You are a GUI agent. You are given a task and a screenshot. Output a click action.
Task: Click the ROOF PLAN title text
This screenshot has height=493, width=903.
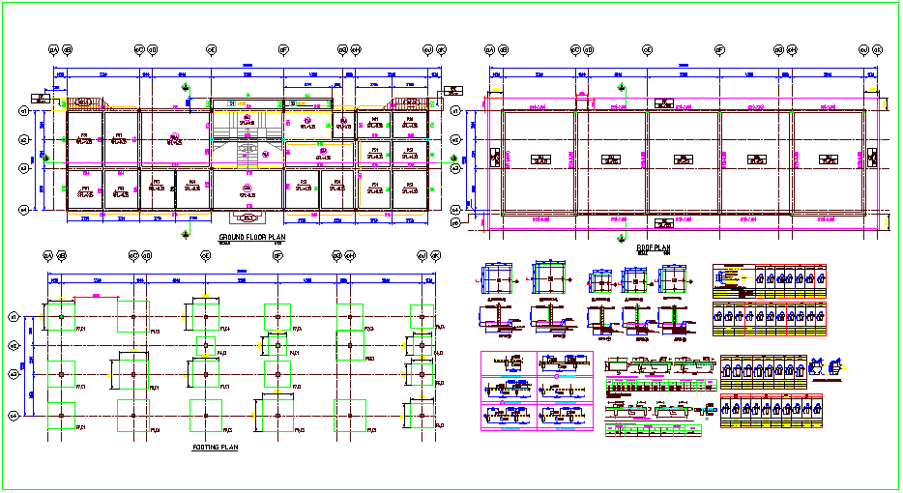click(654, 247)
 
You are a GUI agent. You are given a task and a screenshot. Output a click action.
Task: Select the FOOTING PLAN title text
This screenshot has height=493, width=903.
click(215, 448)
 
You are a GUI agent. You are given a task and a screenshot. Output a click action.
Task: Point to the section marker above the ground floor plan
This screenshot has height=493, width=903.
click(186, 88)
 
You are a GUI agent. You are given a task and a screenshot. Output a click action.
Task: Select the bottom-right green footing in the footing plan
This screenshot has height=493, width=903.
click(422, 415)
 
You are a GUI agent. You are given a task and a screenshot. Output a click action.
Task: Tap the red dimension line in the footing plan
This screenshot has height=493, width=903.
click(241, 280)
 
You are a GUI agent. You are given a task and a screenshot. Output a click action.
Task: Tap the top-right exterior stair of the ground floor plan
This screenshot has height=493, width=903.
click(406, 104)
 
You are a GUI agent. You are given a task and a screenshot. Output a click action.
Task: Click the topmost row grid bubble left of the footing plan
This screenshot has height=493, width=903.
click(15, 316)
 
